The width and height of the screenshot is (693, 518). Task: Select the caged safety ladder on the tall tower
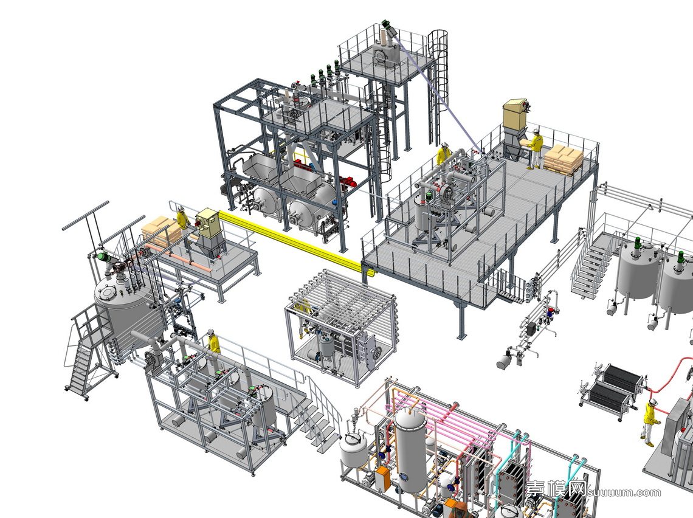tap(438, 86)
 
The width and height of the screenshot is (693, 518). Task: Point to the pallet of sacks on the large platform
tap(564, 159)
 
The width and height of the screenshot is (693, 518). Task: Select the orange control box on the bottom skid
tap(382, 478)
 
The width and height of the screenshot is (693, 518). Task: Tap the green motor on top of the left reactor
tap(103, 257)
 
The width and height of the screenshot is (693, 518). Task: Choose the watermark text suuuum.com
tap(624, 492)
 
